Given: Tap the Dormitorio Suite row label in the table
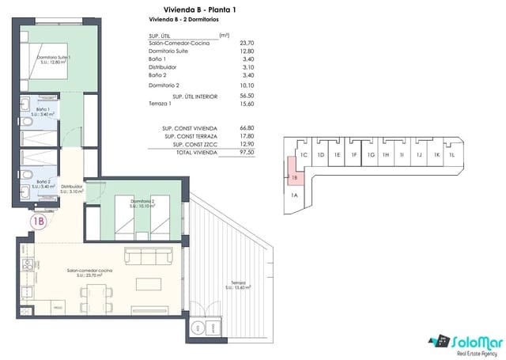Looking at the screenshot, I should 168,51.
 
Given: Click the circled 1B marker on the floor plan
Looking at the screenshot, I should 38,222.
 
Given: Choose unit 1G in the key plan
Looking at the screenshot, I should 370,155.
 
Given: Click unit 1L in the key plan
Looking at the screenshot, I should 451,155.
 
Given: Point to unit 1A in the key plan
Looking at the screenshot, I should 294,195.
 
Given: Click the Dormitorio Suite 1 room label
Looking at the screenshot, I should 55,60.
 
